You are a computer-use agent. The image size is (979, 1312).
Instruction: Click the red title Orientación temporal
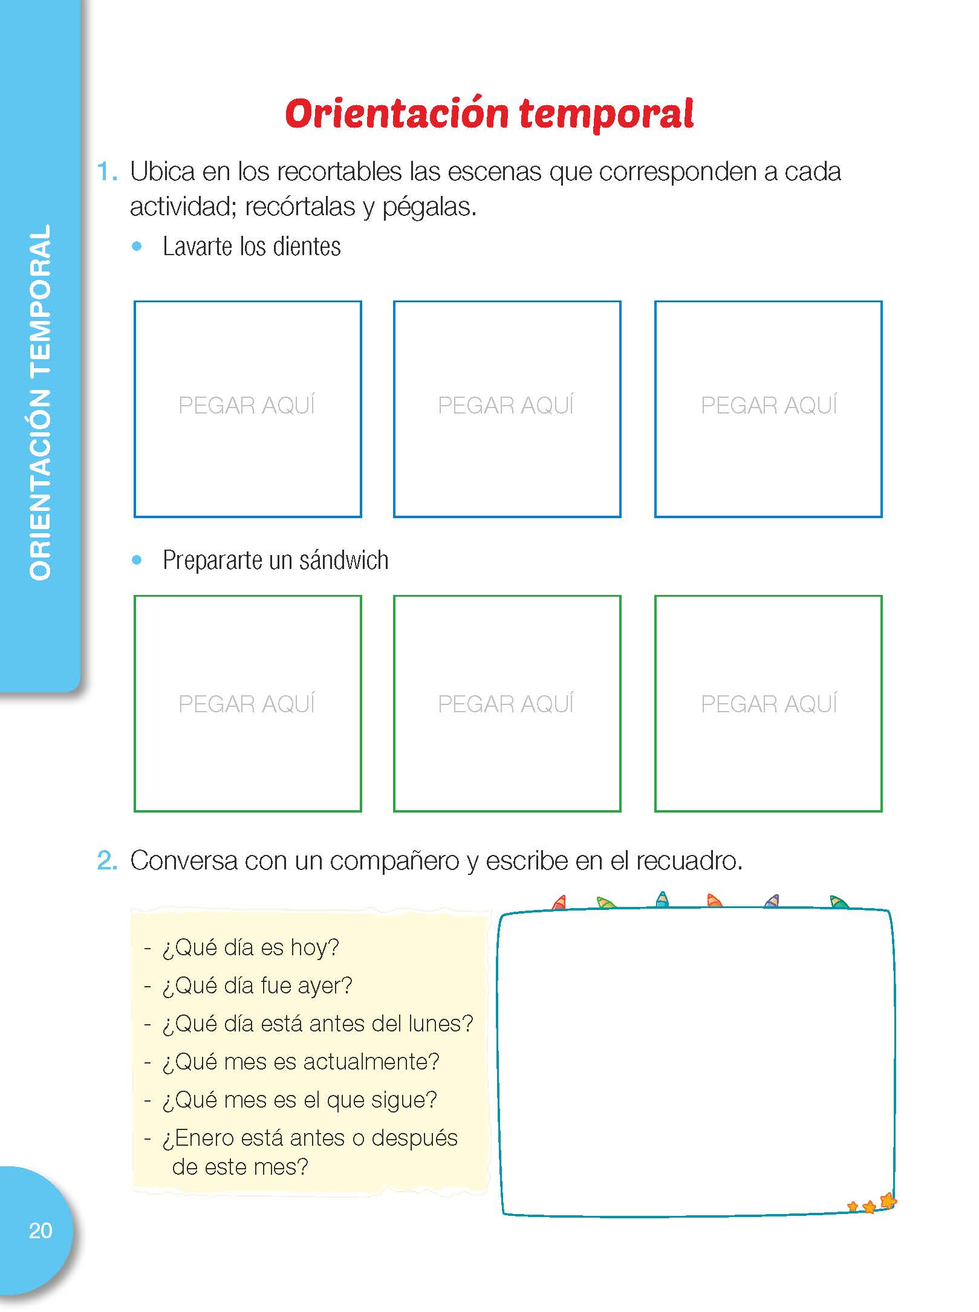[x=489, y=113]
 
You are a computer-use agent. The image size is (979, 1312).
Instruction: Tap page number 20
[x=41, y=1230]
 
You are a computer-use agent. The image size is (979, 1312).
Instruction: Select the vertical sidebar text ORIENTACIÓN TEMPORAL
[x=41, y=403]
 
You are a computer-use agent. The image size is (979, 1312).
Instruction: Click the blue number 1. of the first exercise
[x=107, y=172]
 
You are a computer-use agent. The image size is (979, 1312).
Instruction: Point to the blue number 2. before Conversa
[x=107, y=860]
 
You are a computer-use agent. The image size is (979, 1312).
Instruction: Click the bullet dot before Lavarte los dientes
[x=137, y=246]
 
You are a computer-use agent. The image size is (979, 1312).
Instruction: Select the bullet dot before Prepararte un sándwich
[x=137, y=560]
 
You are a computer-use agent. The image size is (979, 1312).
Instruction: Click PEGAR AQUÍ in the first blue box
[x=247, y=404]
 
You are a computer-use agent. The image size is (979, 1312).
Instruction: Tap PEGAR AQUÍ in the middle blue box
[x=506, y=404]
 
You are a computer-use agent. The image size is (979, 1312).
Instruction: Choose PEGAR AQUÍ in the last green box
[x=769, y=703]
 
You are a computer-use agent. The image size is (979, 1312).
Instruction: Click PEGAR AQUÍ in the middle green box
[x=506, y=703]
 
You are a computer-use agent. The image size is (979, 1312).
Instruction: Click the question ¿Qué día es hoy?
[x=250, y=947]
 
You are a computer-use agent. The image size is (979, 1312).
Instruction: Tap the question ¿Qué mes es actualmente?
[x=301, y=1062]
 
